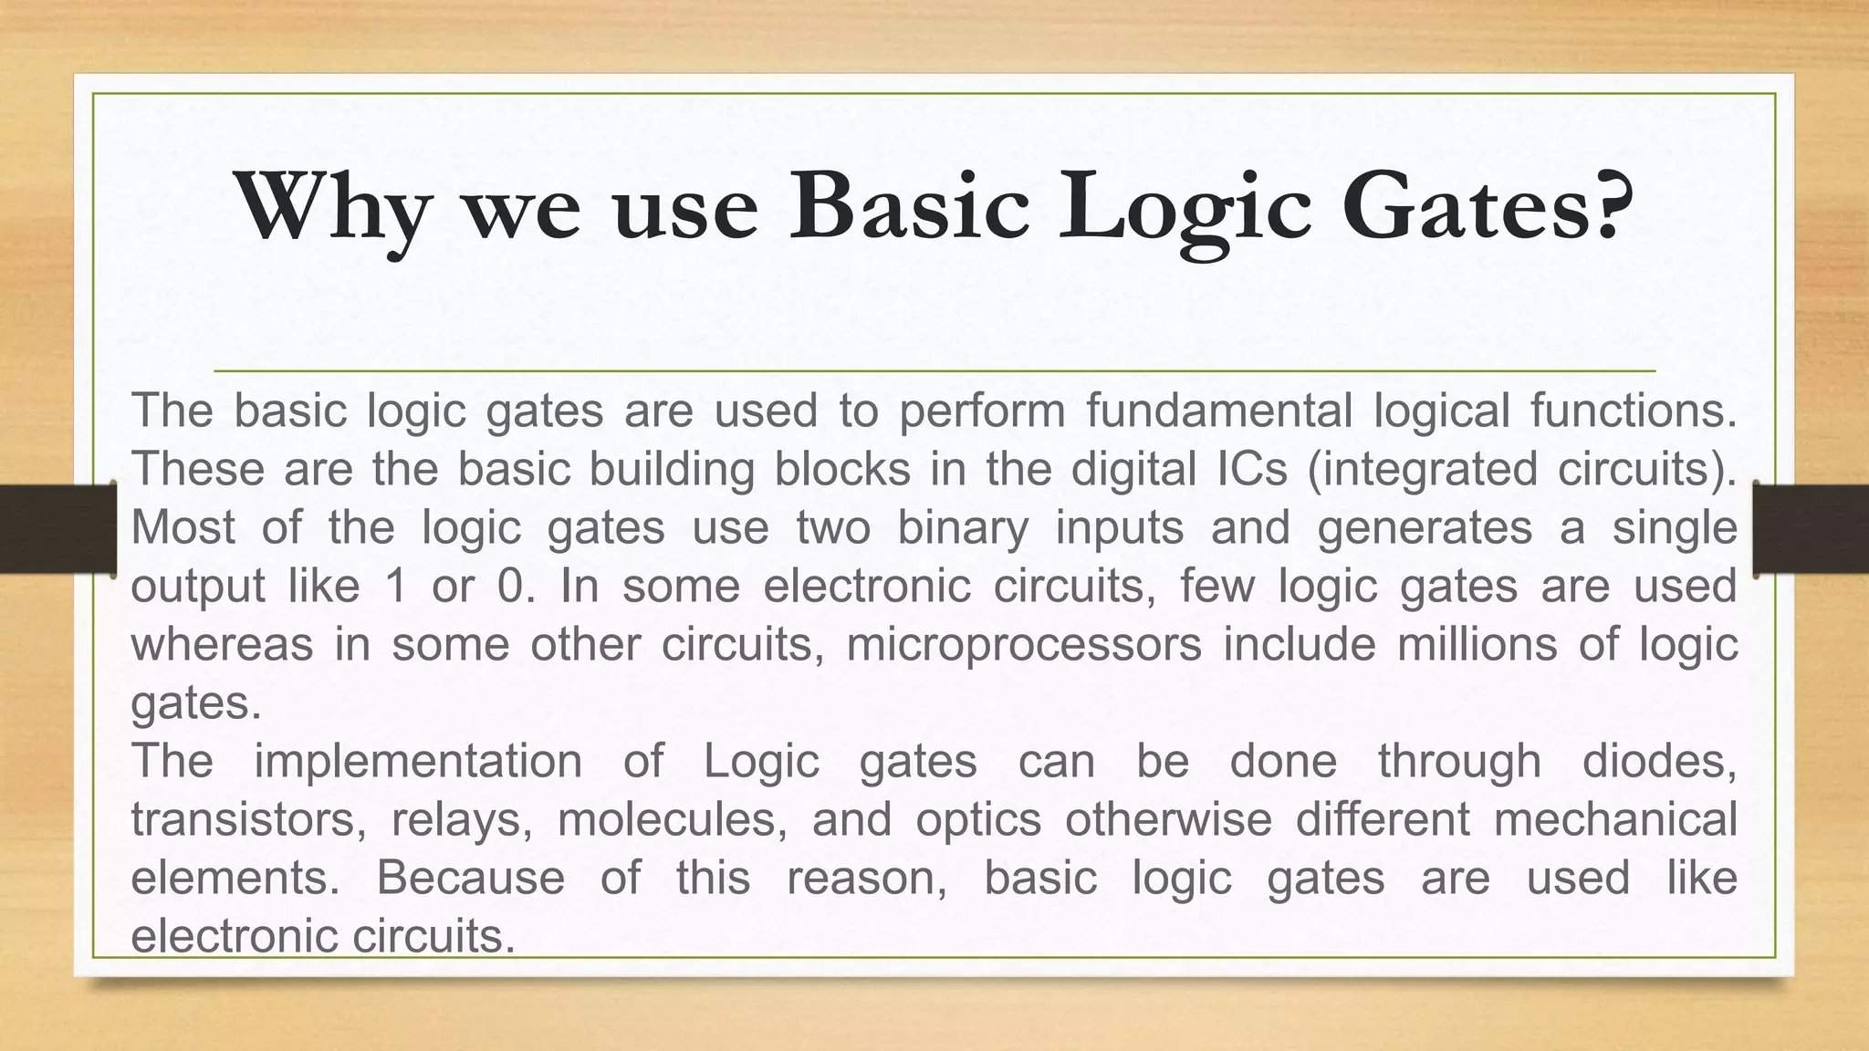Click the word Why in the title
point(333,208)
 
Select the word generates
point(1425,527)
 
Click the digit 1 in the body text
point(395,586)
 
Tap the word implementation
point(417,761)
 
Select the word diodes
point(1658,761)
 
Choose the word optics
point(978,819)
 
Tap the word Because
point(470,878)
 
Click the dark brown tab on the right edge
point(1812,529)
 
